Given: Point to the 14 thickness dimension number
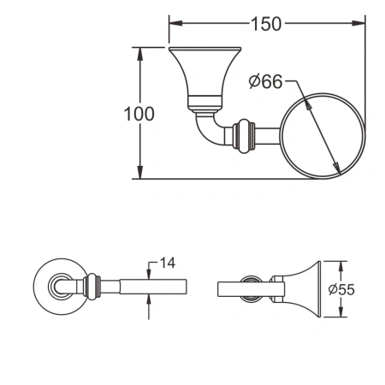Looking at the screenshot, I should pos(168,262).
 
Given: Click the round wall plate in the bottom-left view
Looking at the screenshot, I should pos(54,287).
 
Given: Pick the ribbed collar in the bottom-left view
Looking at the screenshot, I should pos(92,287).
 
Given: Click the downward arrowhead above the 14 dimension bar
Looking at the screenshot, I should pos(151,274).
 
